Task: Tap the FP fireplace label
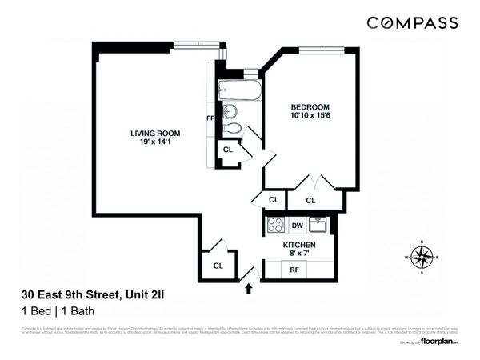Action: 210,118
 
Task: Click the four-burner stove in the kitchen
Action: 274,226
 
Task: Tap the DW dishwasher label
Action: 297,226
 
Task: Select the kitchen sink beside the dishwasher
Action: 318,224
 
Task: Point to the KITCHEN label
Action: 298,245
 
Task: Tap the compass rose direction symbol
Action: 422,256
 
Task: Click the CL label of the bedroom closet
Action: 310,200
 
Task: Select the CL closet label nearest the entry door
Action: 218,266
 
